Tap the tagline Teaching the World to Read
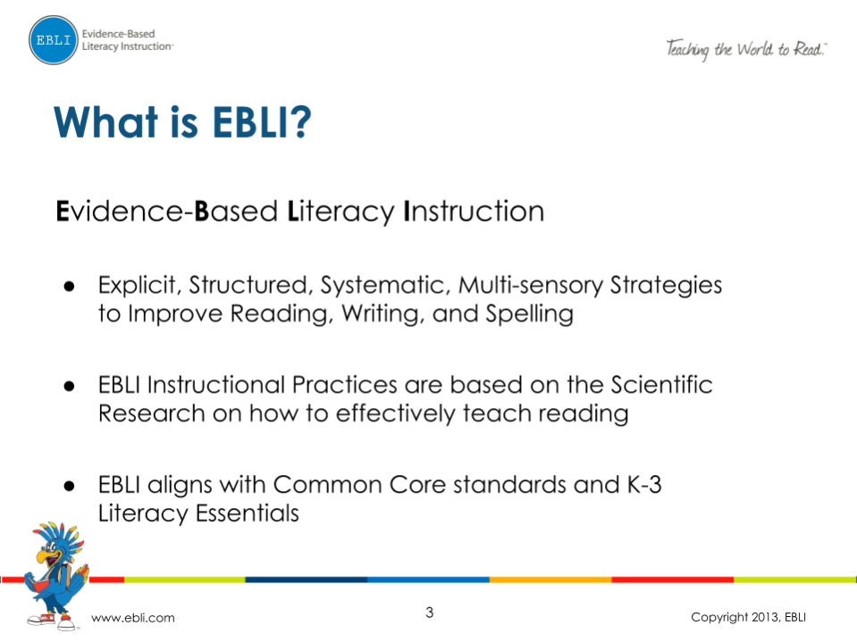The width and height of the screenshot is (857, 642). (x=746, y=48)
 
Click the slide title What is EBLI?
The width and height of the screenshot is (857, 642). (x=182, y=121)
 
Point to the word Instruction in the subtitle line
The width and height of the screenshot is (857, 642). (x=475, y=212)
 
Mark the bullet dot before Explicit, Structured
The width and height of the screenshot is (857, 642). (x=67, y=287)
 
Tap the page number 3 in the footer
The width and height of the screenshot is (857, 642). (x=429, y=613)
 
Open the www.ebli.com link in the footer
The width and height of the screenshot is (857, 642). (x=134, y=618)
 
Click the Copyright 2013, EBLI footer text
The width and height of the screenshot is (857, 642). (x=749, y=618)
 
